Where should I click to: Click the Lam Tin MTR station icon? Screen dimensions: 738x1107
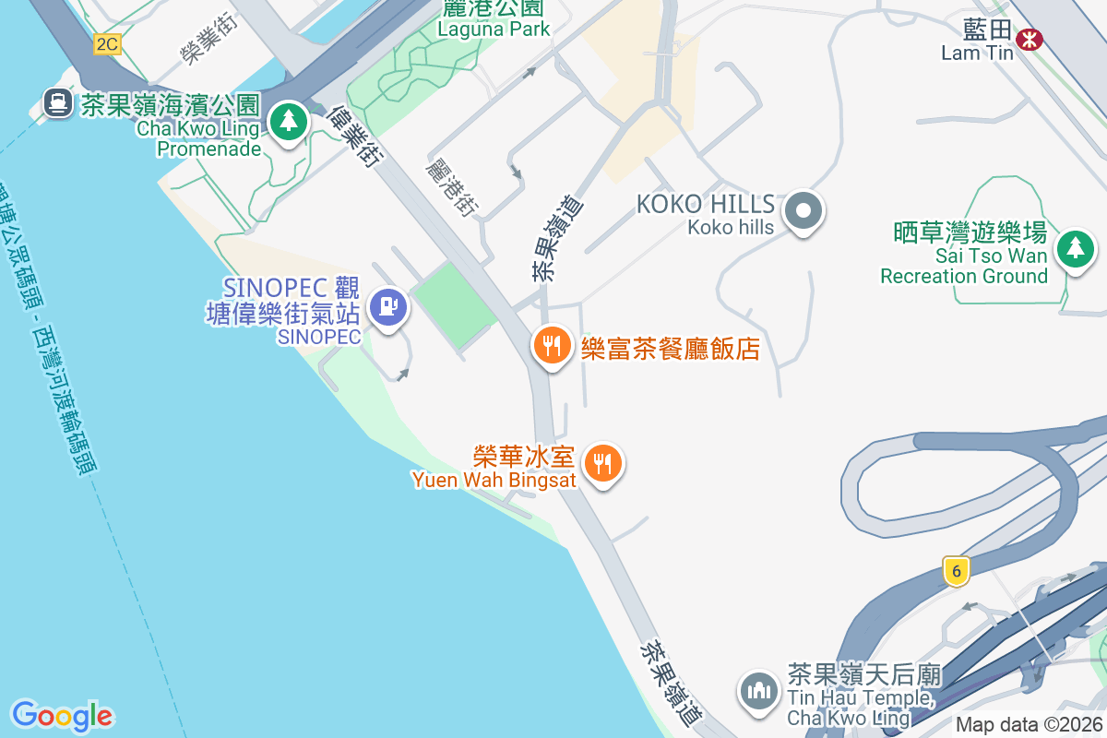(x=1029, y=39)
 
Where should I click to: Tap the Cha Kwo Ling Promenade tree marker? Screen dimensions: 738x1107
(x=289, y=121)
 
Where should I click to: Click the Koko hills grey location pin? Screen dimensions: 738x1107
(x=803, y=212)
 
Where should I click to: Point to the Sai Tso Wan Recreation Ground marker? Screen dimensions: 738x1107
(x=1075, y=248)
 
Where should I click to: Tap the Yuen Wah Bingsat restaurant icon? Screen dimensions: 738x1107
(x=604, y=463)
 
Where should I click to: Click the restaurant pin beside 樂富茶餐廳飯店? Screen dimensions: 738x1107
(x=553, y=345)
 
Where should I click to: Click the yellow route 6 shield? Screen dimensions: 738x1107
(x=957, y=571)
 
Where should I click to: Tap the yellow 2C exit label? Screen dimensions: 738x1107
(x=108, y=43)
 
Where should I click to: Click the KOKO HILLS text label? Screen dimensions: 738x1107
(x=706, y=204)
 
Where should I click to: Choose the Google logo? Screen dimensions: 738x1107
(x=62, y=715)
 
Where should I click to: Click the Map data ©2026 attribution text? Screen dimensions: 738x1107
(x=1029, y=724)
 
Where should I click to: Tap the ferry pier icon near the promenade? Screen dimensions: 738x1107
(x=57, y=102)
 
